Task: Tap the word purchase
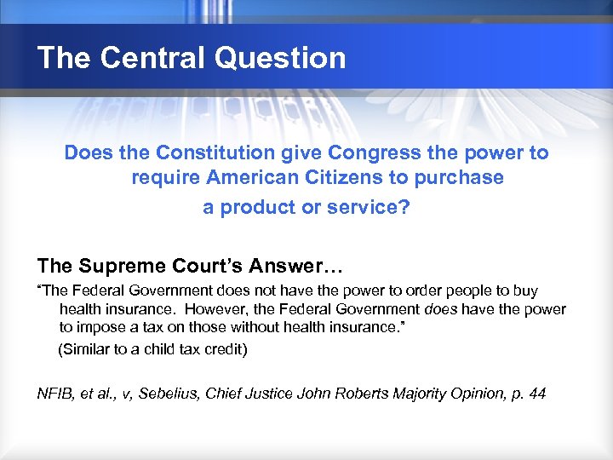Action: (x=461, y=180)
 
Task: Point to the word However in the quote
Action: (x=216, y=308)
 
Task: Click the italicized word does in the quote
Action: (x=440, y=308)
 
